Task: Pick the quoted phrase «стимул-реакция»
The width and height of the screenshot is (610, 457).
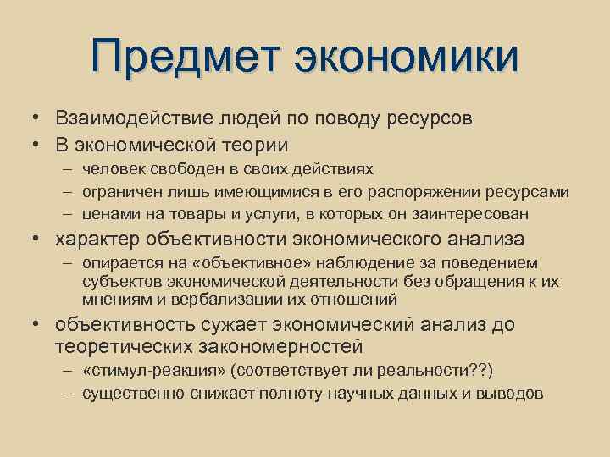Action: pyautogui.click(x=157, y=372)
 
